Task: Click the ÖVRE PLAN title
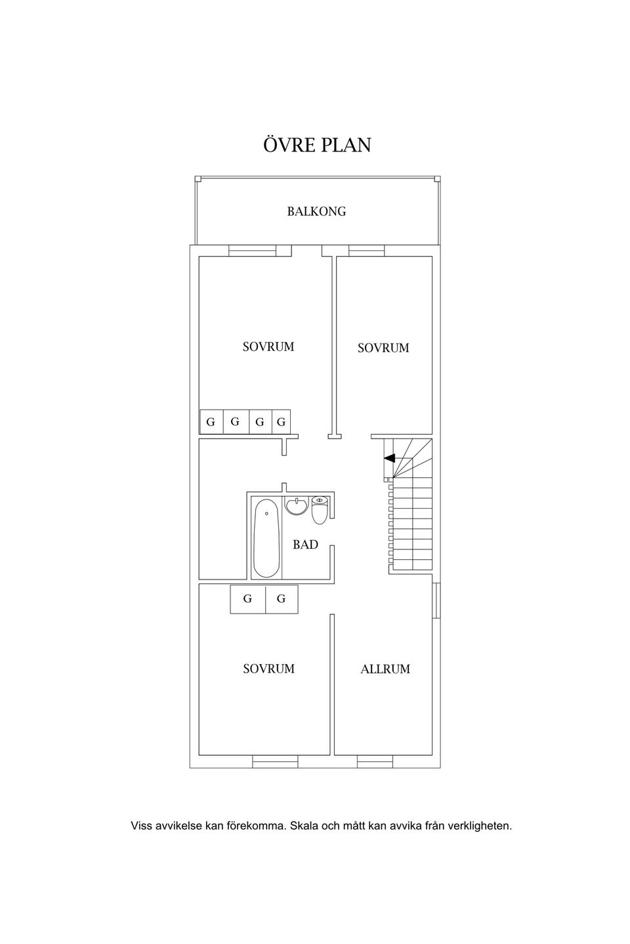[x=317, y=144]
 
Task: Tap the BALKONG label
[x=316, y=211]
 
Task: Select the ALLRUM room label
[x=385, y=669]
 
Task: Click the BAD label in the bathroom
[x=305, y=545]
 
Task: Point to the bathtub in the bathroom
[x=266, y=538]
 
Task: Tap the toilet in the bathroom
[x=320, y=510]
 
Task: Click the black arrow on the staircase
[x=389, y=458]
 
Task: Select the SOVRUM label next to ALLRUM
[x=269, y=669]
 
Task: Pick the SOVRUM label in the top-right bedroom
[x=383, y=347]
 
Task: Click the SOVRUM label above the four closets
[x=268, y=346]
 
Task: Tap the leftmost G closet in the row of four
[x=211, y=422]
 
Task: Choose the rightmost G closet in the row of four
[x=282, y=422]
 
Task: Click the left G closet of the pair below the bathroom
[x=247, y=599]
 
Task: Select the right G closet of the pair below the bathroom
[x=282, y=599]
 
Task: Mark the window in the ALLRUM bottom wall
[x=375, y=761]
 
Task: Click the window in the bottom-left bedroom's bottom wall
[x=275, y=761]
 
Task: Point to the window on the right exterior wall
[x=436, y=600]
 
